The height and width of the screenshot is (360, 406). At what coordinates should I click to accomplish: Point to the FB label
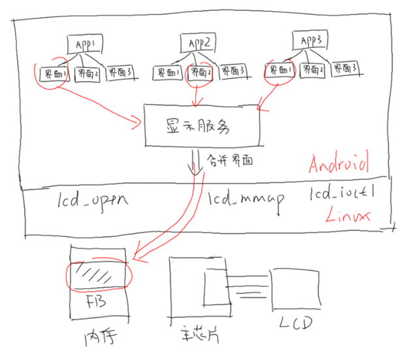pyautogui.click(x=97, y=302)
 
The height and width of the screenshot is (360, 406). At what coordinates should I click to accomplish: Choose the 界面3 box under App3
pyautogui.click(x=344, y=67)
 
